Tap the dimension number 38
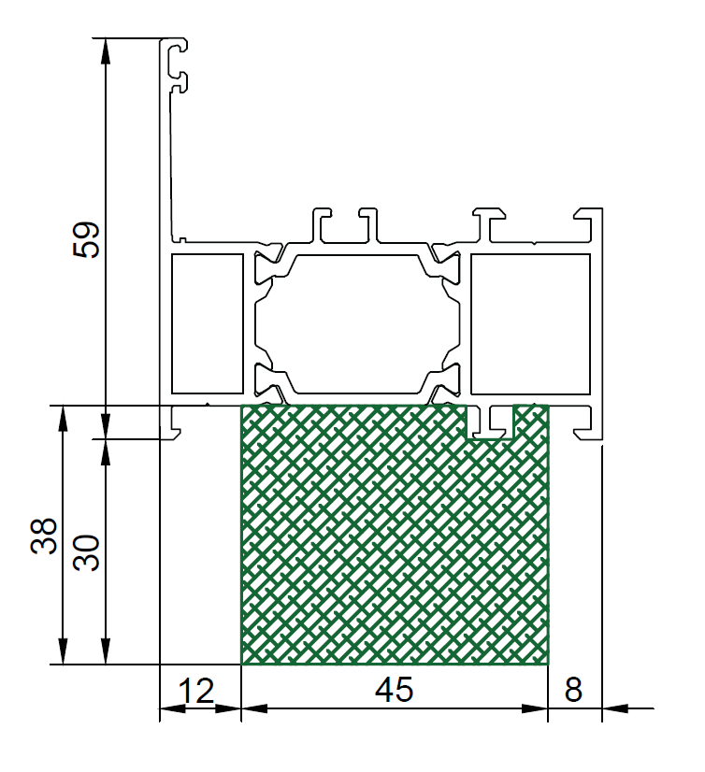(44, 536)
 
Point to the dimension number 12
(196, 691)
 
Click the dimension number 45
(395, 690)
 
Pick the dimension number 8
(573, 690)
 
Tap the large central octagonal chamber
(357, 324)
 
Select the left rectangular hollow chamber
(208, 324)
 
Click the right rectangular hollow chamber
(530, 324)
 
